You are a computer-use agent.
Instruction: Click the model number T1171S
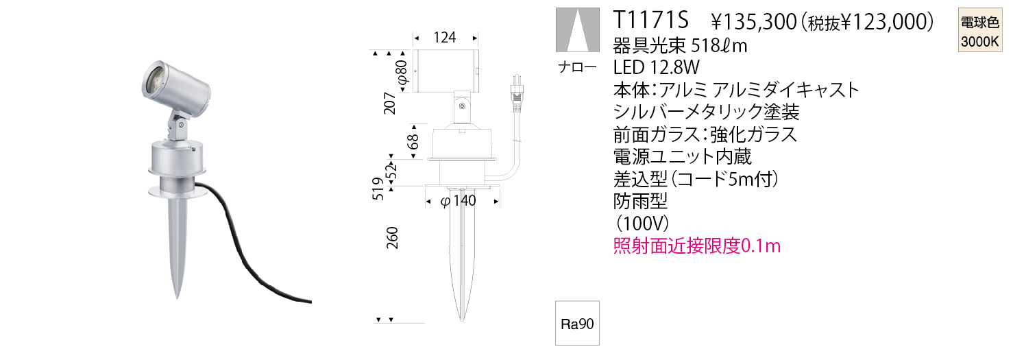pos(650,21)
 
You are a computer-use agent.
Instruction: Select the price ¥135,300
pos(753,22)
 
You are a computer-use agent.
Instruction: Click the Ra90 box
pos(577,324)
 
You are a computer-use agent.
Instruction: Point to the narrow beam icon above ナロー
pos(578,29)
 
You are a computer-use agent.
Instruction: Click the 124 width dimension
pos(445,38)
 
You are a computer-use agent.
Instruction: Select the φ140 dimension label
pos(459,201)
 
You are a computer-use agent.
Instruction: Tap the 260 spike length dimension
pos(392,238)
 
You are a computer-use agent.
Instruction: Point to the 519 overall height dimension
pos(378,189)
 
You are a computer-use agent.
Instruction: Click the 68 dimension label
pos(413,141)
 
